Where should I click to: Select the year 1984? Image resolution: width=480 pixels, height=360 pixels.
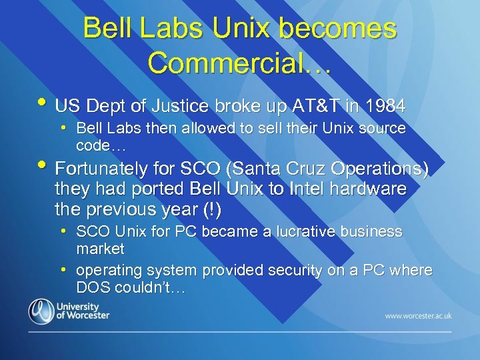coord(385,105)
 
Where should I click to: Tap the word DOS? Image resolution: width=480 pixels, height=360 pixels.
coord(91,288)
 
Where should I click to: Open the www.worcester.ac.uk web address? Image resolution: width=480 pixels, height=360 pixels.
coord(417,315)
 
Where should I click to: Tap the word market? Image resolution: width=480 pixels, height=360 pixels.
coord(100,249)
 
